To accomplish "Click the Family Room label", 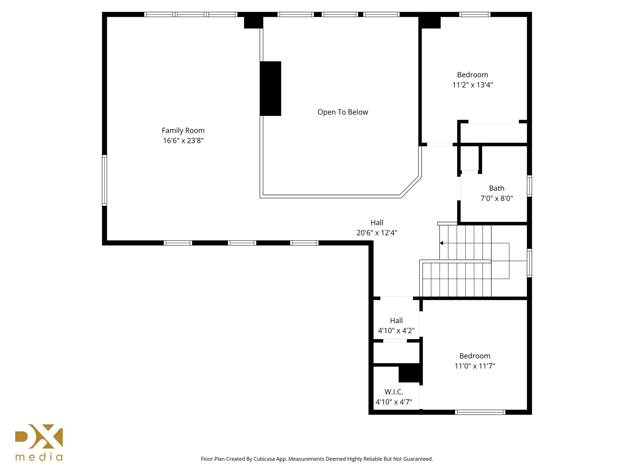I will tap(183, 131).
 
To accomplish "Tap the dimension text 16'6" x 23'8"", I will tap(183, 141).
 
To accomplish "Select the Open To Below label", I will tap(343, 112).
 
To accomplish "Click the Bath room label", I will tap(497, 188).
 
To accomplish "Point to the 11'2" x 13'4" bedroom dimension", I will tap(472, 85).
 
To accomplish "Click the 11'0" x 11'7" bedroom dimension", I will tap(475, 366).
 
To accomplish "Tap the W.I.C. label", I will tap(394, 392).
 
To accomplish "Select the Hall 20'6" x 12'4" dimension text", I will tap(377, 233).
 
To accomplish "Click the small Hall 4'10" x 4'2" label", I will tap(396, 321).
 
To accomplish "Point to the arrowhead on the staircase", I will tap(441, 243).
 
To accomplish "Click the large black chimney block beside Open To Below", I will tap(270, 88).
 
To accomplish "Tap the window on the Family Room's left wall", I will tap(105, 180).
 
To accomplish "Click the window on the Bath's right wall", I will tap(529, 186).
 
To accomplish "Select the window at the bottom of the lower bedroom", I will tap(480, 412).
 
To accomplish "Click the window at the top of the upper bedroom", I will tap(475, 14).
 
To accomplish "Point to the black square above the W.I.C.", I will tap(409, 374).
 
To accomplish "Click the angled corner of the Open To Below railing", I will tap(410, 187).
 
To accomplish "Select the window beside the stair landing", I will tap(529, 263).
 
